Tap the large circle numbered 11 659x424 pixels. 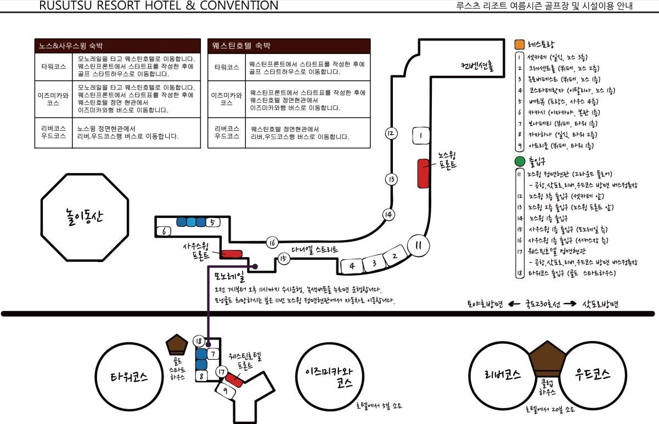419,246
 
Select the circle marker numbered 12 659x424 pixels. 391,133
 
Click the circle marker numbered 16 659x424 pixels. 272,243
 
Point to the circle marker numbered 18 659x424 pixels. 199,341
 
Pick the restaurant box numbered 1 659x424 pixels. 420,135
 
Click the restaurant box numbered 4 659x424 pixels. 352,266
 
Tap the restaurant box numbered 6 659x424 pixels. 164,231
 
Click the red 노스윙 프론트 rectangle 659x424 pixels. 423,173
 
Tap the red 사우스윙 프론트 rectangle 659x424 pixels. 232,254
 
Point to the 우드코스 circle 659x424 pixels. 593,375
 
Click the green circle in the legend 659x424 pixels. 520,162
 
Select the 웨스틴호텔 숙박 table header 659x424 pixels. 289,46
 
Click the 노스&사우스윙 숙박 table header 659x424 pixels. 117,46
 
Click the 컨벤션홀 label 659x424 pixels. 478,66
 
